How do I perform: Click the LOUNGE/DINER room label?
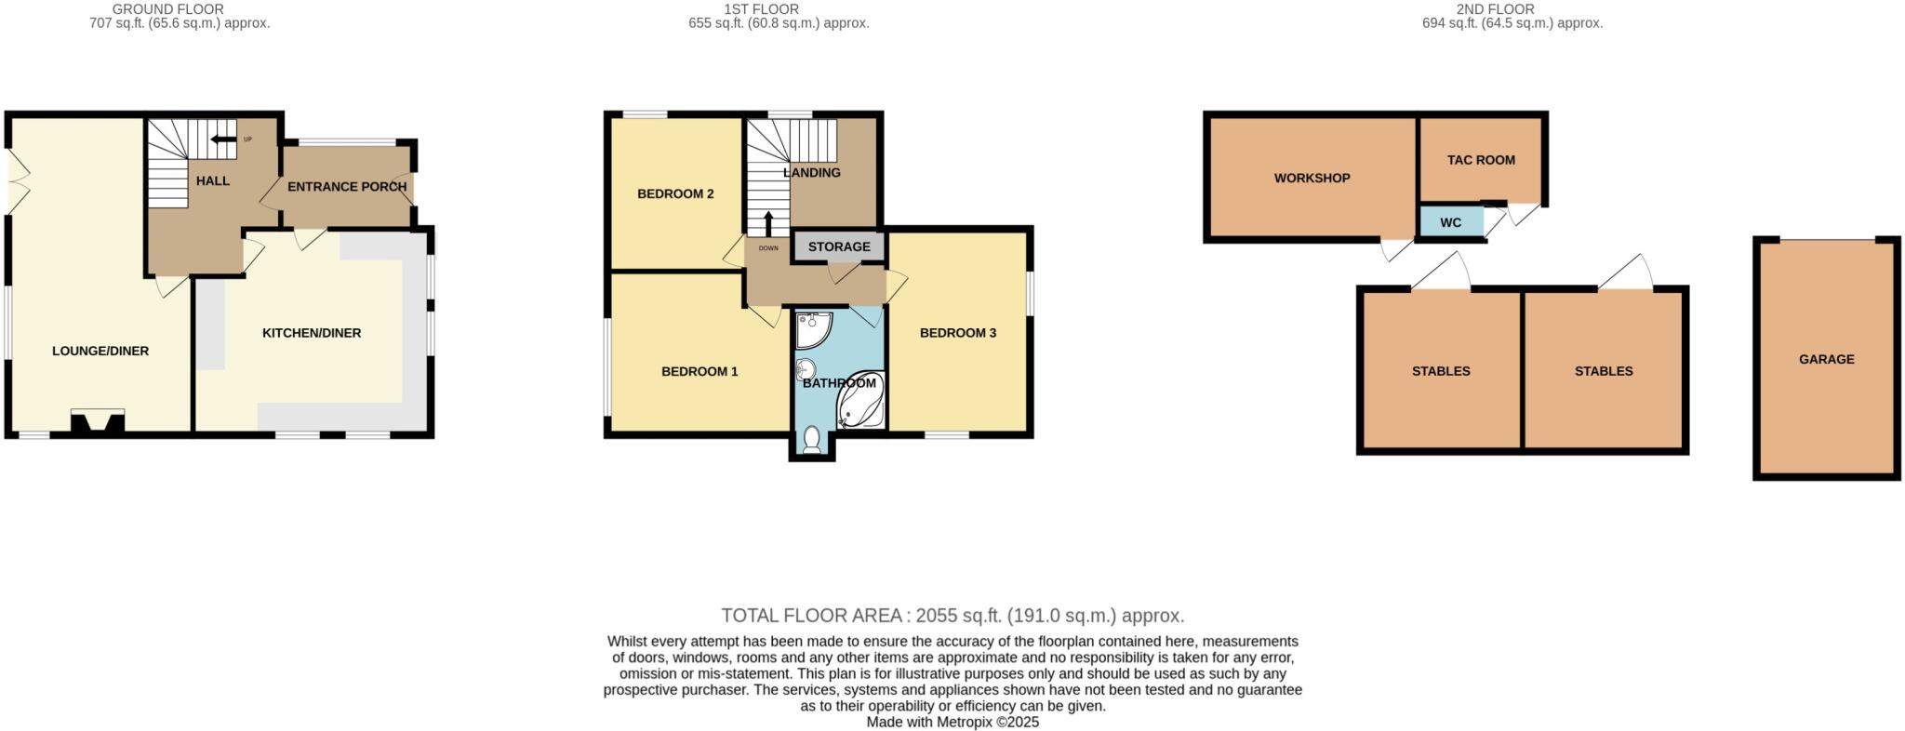pos(100,351)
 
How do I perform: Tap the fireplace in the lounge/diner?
pos(98,423)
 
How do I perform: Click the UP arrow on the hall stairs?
pos(223,140)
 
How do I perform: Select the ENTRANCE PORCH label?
pos(346,186)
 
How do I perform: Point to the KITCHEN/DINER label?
pos(312,333)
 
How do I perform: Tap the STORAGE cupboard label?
pos(839,246)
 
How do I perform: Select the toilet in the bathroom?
pos(812,439)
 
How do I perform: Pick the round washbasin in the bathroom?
pos(806,370)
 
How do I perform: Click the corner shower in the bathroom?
pos(814,328)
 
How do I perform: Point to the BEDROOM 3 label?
pos(958,333)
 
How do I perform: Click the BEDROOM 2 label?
pos(675,193)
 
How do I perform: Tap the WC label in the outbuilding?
pos(1450,222)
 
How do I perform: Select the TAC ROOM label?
pos(1481,160)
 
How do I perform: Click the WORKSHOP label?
pos(1312,178)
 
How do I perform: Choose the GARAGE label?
pos(1826,359)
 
